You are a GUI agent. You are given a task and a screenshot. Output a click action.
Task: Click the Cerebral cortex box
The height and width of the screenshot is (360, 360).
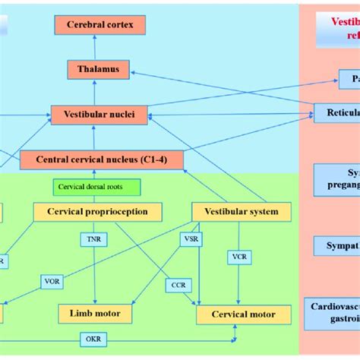(99, 25)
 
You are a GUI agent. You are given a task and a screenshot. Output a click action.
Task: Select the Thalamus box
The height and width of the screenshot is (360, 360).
(99, 69)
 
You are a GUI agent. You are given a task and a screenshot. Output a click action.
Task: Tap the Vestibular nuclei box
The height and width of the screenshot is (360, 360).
(99, 115)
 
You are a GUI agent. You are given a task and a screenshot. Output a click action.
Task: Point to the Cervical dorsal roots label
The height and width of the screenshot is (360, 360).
(89, 186)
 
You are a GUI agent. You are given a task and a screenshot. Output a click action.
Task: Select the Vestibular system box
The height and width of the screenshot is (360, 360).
(242, 212)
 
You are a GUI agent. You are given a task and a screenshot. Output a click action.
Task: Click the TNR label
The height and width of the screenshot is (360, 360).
(94, 239)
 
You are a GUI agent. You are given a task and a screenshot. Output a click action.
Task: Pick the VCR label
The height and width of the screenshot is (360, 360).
(239, 257)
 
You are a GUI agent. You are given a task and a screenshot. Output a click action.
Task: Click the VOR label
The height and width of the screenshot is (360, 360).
(52, 280)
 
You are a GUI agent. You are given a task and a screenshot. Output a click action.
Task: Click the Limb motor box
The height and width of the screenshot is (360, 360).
(94, 313)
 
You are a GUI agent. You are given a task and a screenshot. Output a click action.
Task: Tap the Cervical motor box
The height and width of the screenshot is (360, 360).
(243, 314)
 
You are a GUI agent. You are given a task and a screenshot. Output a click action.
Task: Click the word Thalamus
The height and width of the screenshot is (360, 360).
(99, 69)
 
